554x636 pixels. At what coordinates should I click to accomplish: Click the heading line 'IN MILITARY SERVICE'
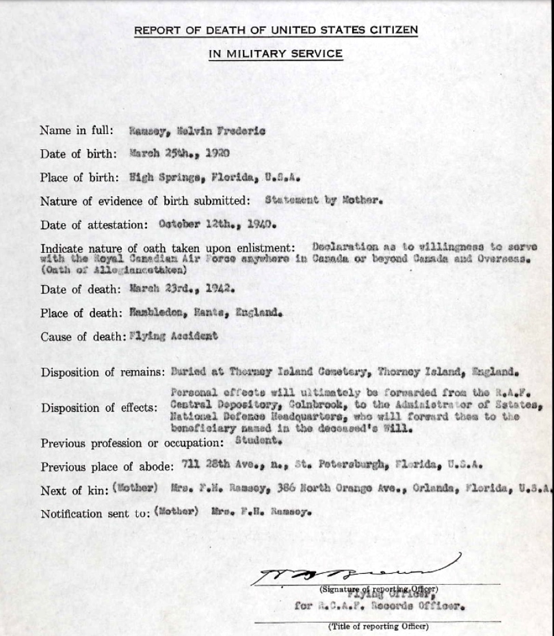tap(276, 54)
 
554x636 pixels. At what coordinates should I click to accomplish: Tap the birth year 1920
tap(217, 153)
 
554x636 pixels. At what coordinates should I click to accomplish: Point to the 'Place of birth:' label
tap(79, 177)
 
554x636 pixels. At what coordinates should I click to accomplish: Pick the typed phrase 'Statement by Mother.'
tap(322, 201)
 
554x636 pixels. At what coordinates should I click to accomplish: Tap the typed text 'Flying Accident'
tap(174, 336)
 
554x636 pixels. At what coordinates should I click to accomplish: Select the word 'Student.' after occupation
tap(258, 441)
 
